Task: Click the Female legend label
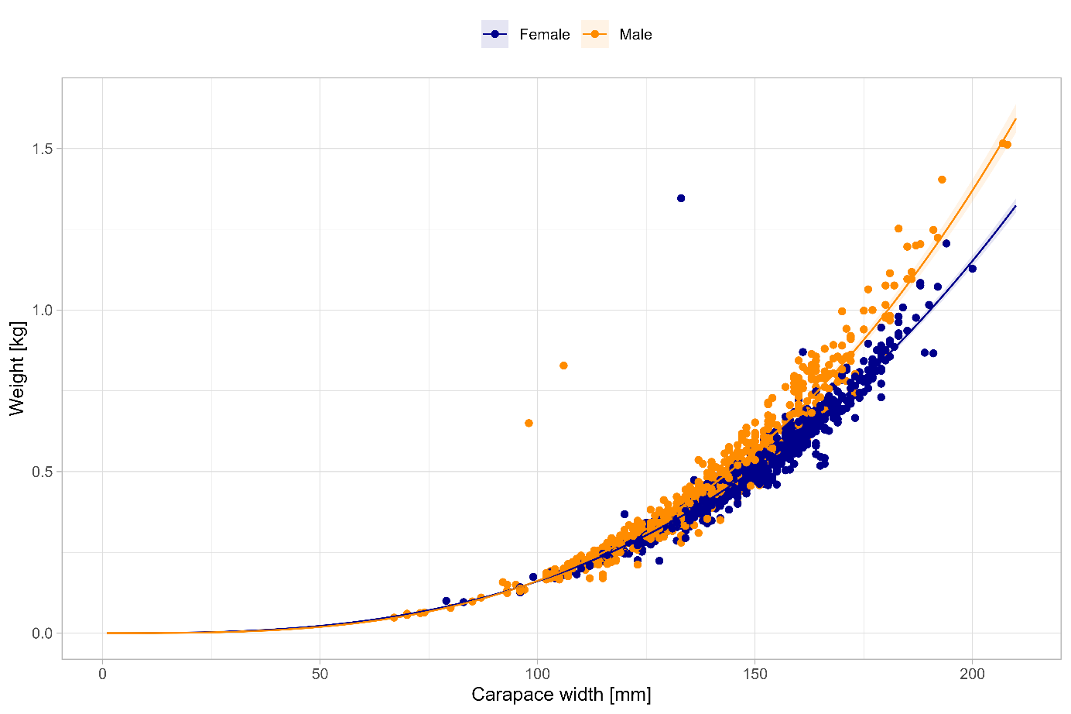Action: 544,34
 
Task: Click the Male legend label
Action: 635,34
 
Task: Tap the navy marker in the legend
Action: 494,34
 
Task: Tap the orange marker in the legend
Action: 594,34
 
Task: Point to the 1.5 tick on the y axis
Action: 43,149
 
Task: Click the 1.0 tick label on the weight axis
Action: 43,310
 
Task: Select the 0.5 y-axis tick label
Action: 43,472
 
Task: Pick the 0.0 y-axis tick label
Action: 43,633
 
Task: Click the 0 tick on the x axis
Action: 103,674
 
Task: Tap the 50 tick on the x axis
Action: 320,674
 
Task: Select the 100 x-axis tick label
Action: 538,674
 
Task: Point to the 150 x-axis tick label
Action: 755,674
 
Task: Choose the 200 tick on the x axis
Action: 973,674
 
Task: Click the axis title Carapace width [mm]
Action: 561,695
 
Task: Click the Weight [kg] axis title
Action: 17,369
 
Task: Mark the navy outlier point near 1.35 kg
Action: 681,198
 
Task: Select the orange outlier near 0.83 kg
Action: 563,366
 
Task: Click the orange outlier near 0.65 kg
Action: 529,423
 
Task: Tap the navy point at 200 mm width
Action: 973,269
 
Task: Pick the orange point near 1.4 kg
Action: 942,180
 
